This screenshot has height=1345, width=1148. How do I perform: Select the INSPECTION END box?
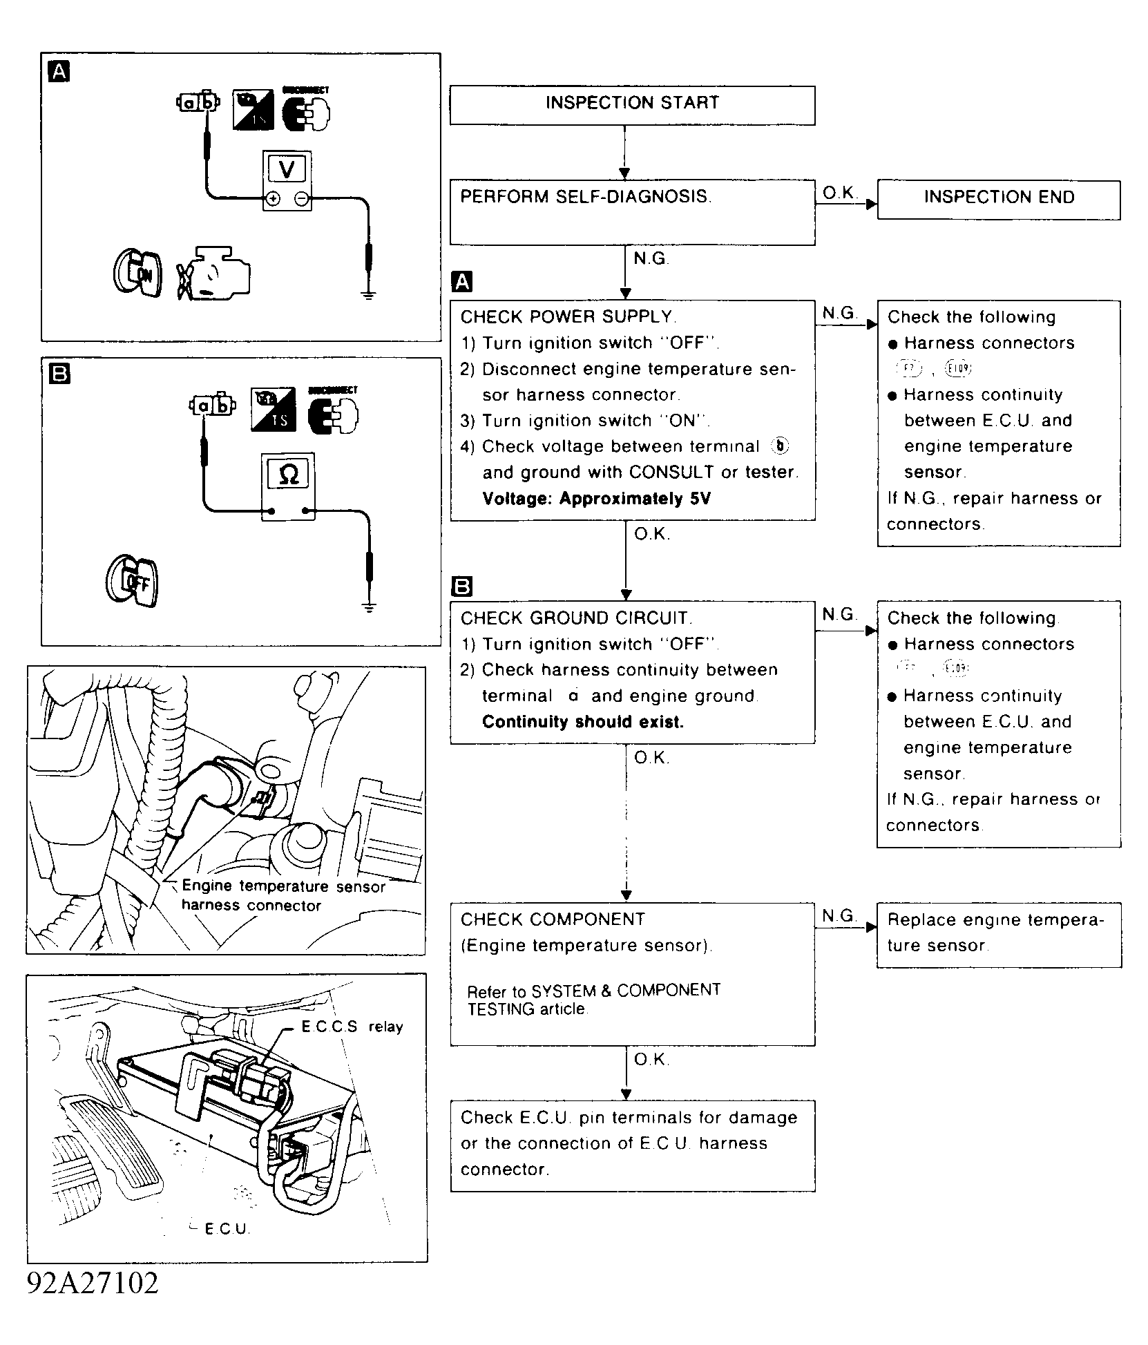pos(999,199)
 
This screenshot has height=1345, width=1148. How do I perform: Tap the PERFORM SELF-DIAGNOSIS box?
pos(632,212)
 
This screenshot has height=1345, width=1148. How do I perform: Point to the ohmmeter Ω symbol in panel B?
pos(289,474)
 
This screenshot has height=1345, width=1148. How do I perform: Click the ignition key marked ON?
pos(137,273)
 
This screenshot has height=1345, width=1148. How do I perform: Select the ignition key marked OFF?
pos(133,580)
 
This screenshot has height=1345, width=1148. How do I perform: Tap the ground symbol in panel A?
pos(369,294)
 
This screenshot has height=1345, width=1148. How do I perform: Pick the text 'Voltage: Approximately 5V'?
pos(596,499)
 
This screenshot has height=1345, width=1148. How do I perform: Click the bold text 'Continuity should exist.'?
pos(582,722)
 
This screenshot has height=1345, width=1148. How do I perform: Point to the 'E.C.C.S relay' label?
pos(352,1027)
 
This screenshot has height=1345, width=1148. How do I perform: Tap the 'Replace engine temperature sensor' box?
pos(999,934)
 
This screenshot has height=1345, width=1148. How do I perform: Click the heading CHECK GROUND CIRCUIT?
pos(576,618)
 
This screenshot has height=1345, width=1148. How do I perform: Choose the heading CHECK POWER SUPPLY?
pos(568,317)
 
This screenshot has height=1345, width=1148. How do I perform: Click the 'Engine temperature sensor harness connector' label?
pos(283,895)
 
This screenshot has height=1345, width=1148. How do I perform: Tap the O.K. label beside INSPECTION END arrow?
pos(839,193)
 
